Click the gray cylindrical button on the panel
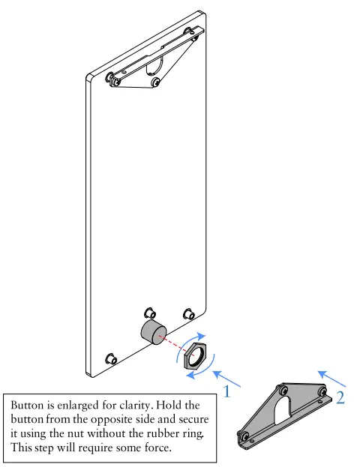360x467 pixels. click(154, 332)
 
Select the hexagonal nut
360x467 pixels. click(195, 355)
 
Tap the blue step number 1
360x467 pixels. click(227, 391)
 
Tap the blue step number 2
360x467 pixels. click(340, 397)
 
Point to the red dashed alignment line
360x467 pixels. click(175, 345)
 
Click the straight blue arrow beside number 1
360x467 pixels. click(226, 379)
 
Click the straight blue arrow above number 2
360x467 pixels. click(331, 379)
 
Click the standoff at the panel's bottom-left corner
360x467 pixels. click(111, 358)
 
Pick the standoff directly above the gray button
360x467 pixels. click(150, 313)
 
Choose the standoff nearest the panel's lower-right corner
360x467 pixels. click(189, 314)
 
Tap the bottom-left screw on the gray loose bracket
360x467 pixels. click(245, 436)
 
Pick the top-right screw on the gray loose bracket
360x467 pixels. click(322, 391)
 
